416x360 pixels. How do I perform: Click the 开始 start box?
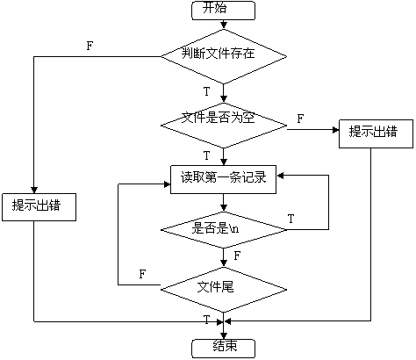click(x=223, y=11)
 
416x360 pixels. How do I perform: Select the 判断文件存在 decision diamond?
click(x=224, y=56)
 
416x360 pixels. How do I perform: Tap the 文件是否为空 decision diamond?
click(x=224, y=126)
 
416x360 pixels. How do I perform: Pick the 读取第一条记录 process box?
click(x=223, y=179)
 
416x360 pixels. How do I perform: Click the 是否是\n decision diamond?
click(x=224, y=230)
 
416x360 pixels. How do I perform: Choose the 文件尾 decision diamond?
click(x=224, y=290)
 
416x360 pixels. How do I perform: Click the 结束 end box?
click(x=223, y=349)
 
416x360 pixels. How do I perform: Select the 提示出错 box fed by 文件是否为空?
click(x=376, y=133)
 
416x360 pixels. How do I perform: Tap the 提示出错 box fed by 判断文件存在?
click(x=39, y=207)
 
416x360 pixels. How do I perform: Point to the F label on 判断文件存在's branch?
click(x=90, y=46)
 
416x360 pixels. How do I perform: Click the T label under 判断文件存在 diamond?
click(x=207, y=91)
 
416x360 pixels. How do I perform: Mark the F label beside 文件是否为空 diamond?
click(x=300, y=119)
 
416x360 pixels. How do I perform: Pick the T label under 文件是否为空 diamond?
click(x=207, y=155)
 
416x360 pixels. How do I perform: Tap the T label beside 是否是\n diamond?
click(x=290, y=219)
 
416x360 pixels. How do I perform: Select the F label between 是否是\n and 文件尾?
click(x=237, y=256)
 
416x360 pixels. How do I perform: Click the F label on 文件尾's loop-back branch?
click(x=142, y=274)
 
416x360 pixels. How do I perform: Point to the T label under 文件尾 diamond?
click(x=207, y=320)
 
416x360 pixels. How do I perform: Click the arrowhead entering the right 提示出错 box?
click(x=336, y=130)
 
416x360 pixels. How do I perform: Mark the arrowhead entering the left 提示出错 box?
click(x=34, y=191)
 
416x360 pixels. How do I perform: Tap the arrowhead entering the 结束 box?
click(x=224, y=336)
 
